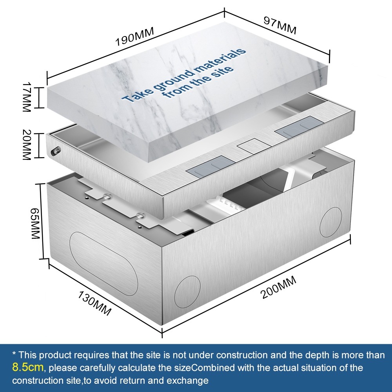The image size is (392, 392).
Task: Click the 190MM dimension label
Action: [x=134, y=36]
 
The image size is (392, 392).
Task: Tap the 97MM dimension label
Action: [x=280, y=25]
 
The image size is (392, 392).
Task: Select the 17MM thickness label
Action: [x=26, y=97]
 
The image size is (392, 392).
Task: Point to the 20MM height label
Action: [x=26, y=145]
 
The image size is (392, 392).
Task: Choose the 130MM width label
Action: [x=94, y=303]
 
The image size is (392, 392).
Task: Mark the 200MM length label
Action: [x=278, y=287]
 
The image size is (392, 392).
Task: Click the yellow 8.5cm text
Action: [x=28, y=367]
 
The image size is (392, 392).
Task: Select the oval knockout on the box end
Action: [x=103, y=263]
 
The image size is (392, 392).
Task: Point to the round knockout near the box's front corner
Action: [x=187, y=292]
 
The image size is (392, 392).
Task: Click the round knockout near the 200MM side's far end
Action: [x=331, y=222]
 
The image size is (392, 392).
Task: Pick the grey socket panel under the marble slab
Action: [x=211, y=166]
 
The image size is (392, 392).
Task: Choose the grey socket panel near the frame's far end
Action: [x=300, y=127]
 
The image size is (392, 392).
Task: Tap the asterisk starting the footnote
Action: [x=14, y=354]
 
